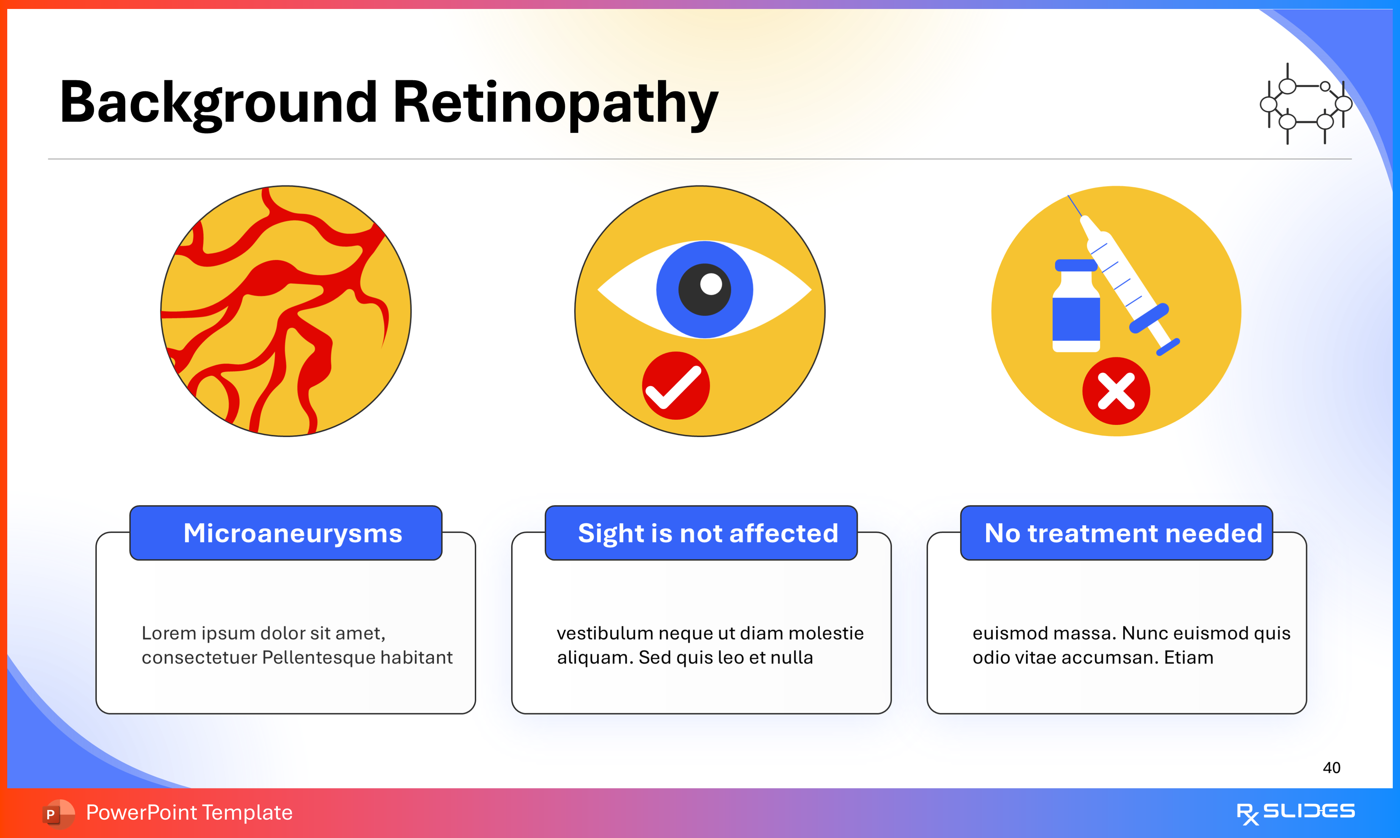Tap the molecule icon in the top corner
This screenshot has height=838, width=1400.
tap(1306, 104)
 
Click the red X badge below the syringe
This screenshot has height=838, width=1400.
tap(1116, 391)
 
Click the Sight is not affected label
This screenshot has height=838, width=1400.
tap(708, 533)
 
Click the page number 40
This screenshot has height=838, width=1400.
tap(1331, 767)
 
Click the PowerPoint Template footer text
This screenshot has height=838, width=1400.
tap(189, 812)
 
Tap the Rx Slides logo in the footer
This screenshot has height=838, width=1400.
tap(1295, 812)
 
